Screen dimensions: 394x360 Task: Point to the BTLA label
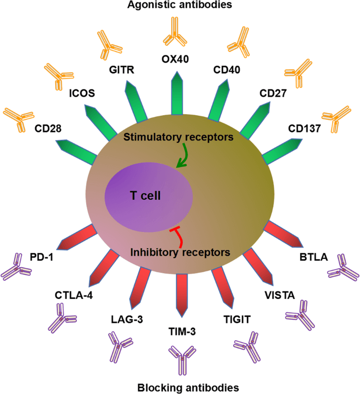(313, 257)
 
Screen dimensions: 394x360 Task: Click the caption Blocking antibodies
(180, 388)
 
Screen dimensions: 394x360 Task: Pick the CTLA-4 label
(74, 295)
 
